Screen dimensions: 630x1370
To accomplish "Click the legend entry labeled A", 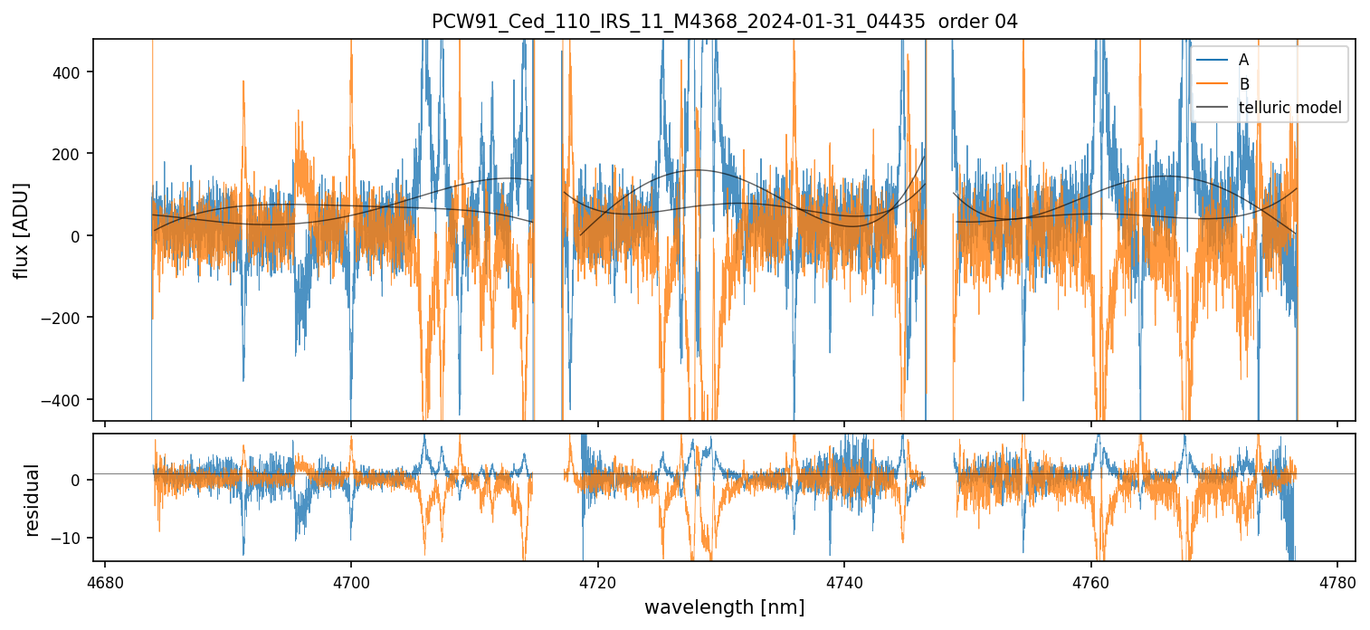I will click(x=1243, y=60).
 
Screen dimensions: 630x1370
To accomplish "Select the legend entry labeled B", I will click(x=1243, y=84).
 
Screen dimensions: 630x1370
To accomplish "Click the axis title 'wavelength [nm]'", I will click(x=724, y=607).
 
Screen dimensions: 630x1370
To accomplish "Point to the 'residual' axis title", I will click(x=33, y=500).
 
